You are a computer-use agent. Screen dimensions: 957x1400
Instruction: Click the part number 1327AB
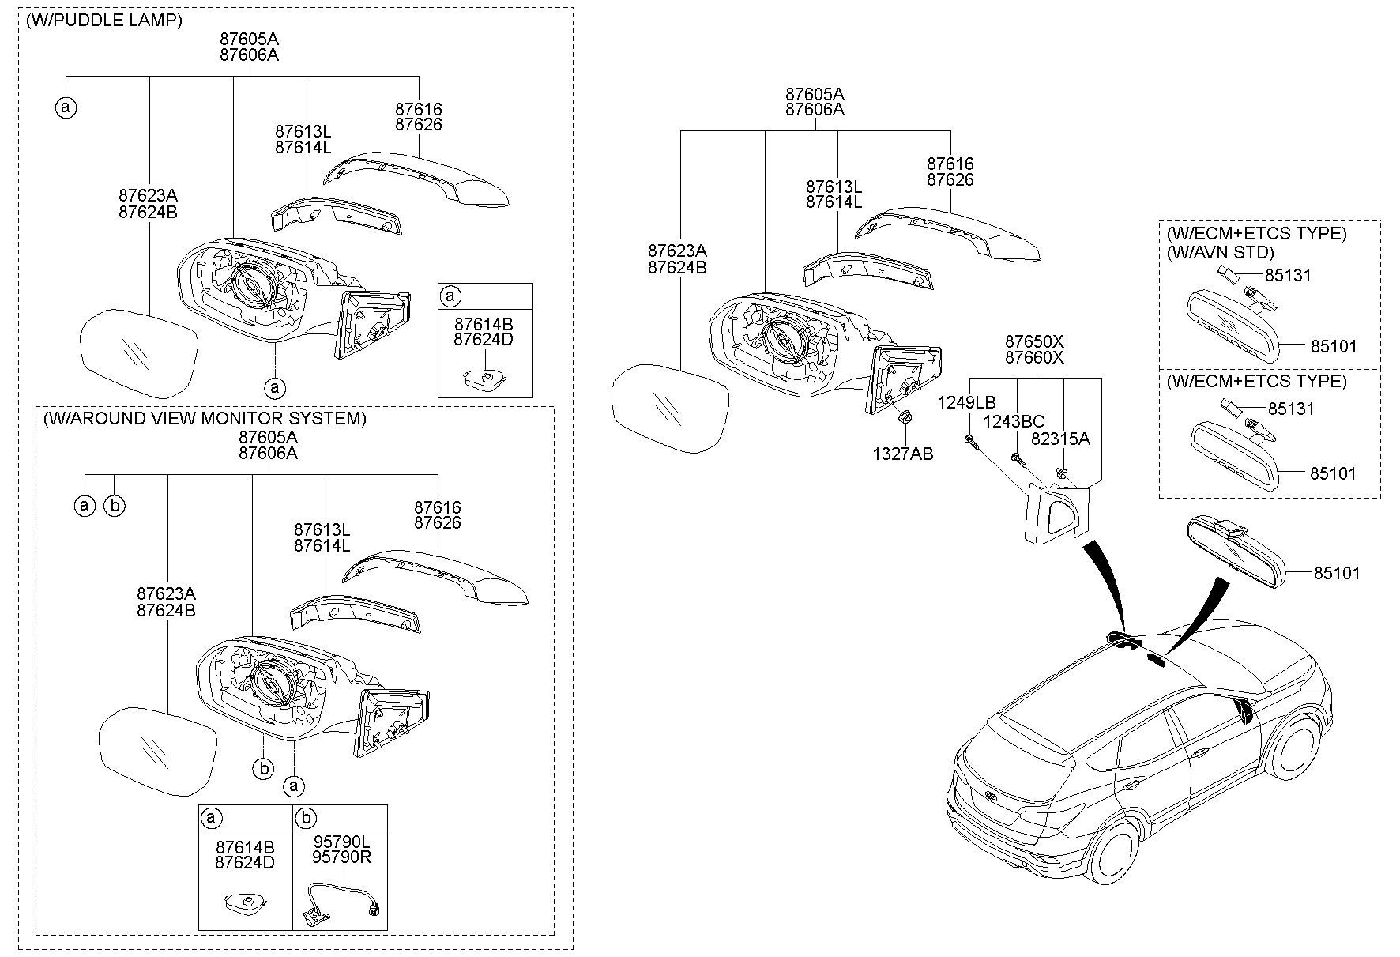click(x=902, y=454)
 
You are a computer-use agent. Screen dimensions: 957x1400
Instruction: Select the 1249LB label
click(x=965, y=403)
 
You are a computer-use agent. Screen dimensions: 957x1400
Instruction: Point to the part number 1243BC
click(x=1015, y=423)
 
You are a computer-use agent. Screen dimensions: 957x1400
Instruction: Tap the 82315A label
click(x=1060, y=439)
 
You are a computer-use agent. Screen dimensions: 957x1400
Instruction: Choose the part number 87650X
click(x=1034, y=341)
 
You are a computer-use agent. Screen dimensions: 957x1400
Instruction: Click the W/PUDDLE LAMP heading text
click(x=103, y=21)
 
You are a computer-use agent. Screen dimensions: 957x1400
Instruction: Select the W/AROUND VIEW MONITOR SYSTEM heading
click(x=205, y=419)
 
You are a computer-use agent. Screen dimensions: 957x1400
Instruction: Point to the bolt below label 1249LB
click(x=970, y=443)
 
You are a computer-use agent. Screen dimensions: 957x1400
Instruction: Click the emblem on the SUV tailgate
click(x=991, y=797)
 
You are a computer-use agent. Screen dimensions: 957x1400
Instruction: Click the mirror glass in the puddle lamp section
click(x=138, y=352)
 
